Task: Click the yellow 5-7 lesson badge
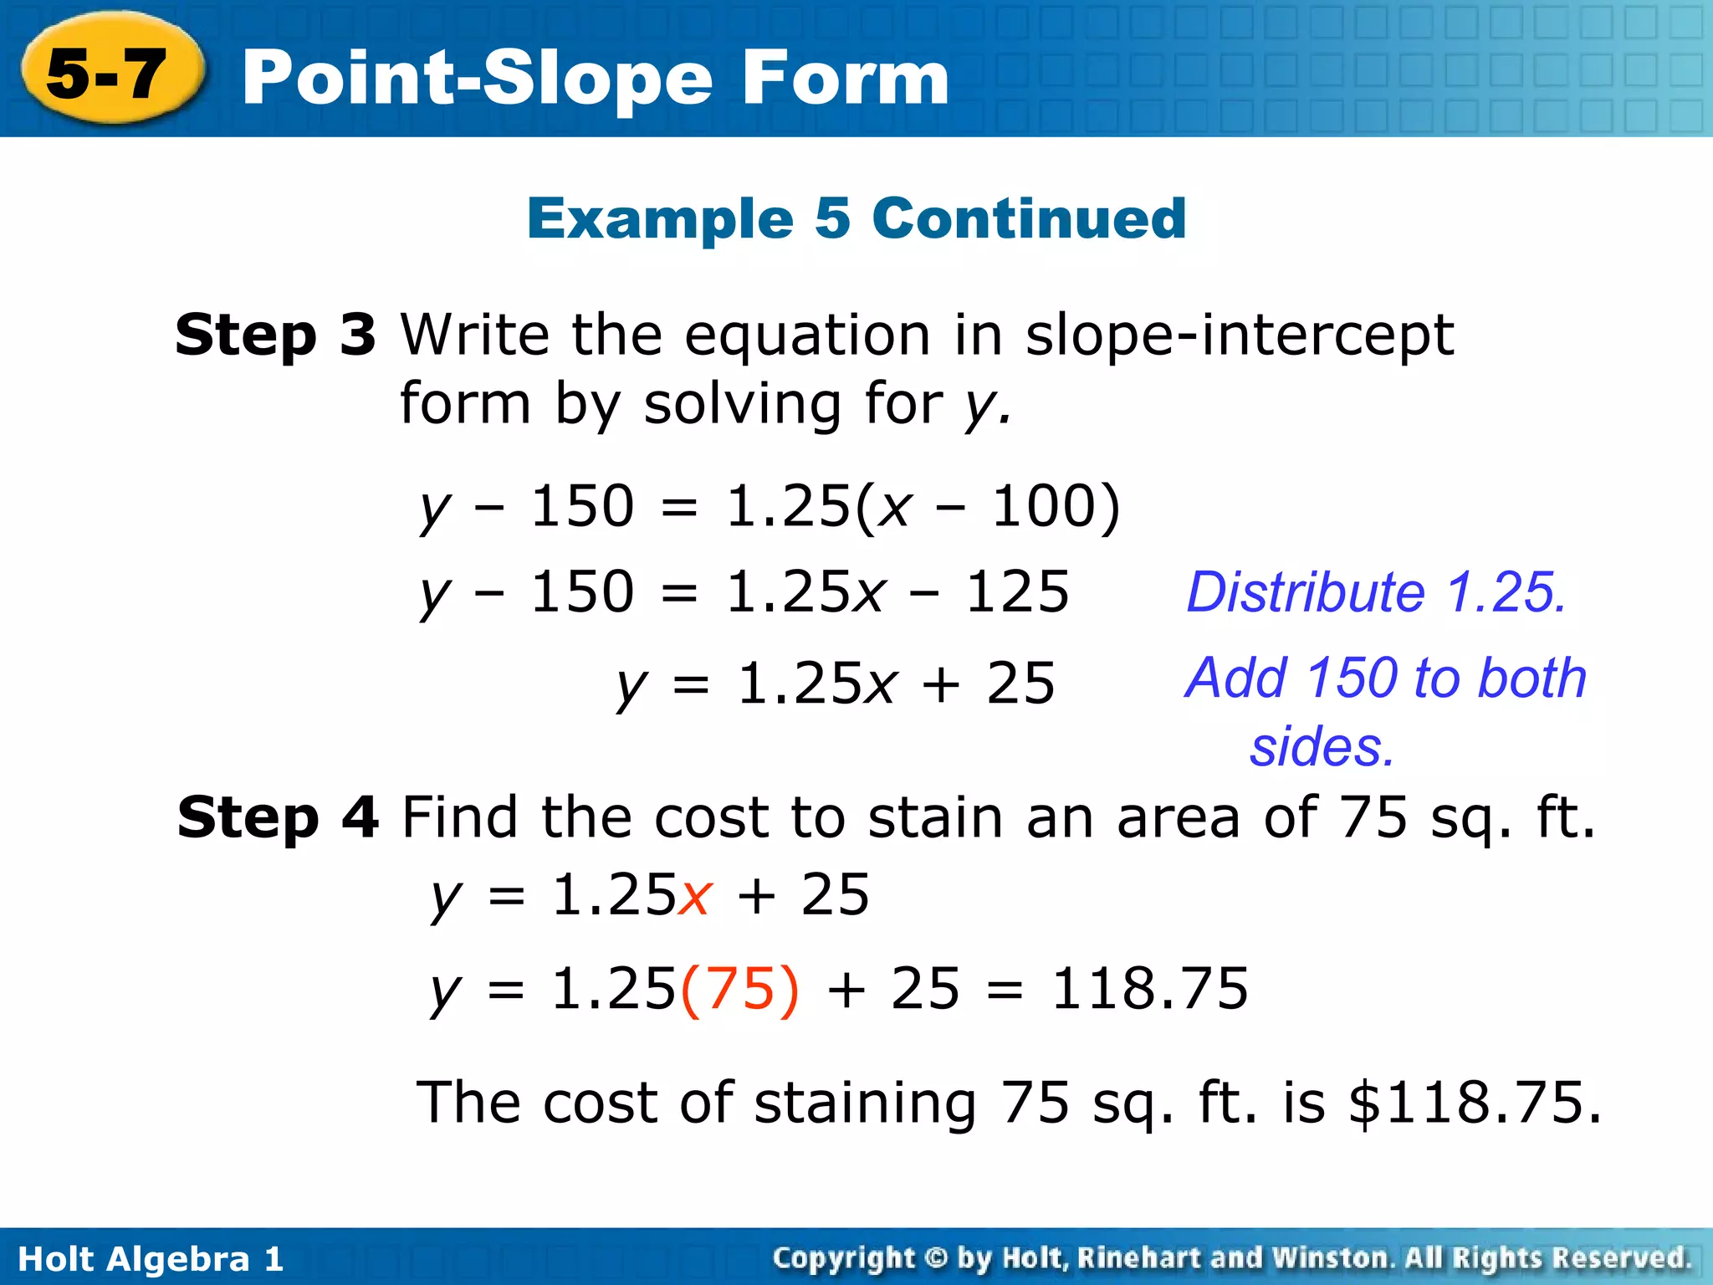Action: click(109, 74)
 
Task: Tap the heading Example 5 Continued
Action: click(856, 218)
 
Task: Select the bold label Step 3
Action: click(275, 335)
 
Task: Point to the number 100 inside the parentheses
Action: click(1041, 506)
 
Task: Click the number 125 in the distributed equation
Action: click(1017, 591)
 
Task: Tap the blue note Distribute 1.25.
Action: click(1376, 592)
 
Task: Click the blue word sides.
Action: click(1322, 746)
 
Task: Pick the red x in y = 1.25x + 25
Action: click(694, 895)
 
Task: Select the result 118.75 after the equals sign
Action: click(1149, 989)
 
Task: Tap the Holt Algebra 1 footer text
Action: click(151, 1258)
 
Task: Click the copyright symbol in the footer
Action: click(937, 1258)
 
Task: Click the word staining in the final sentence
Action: click(866, 1103)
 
